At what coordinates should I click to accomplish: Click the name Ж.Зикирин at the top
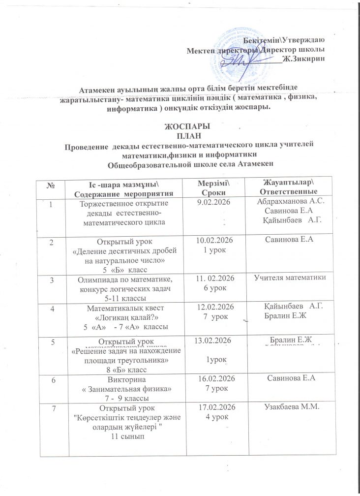point(305,59)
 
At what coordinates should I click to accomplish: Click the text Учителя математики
point(290,279)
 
